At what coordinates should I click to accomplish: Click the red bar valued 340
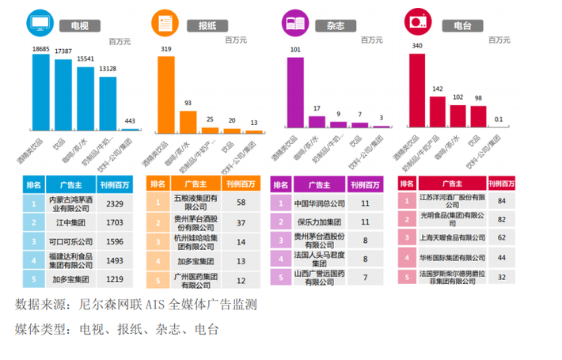pyautogui.click(x=415, y=90)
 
